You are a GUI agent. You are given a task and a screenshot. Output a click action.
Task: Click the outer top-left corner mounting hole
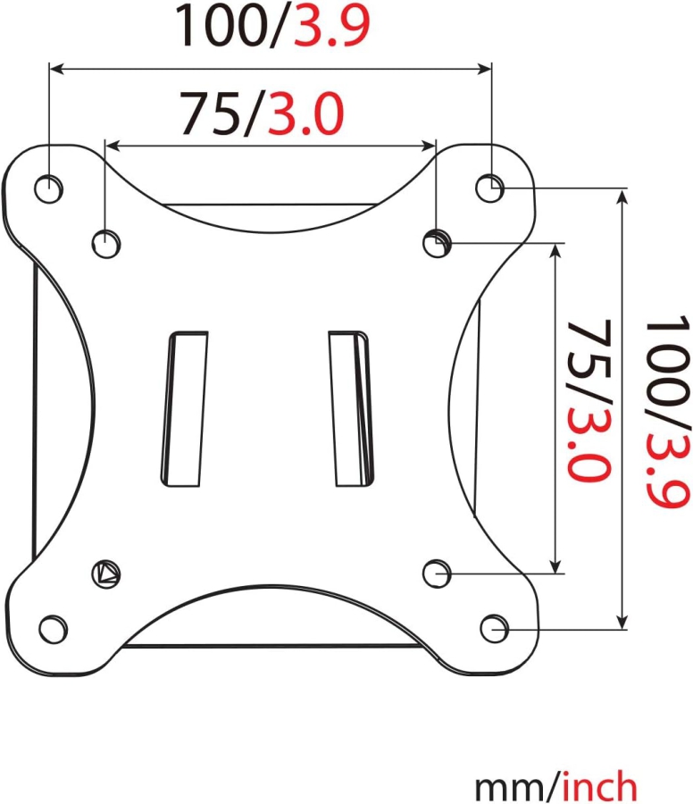(x=49, y=188)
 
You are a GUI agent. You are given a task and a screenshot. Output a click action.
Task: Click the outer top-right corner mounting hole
(x=488, y=188)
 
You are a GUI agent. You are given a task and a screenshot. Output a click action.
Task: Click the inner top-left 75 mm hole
(x=105, y=241)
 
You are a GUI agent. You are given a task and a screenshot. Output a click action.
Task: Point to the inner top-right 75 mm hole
(x=436, y=241)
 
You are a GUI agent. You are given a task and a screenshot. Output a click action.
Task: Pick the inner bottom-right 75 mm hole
(x=436, y=572)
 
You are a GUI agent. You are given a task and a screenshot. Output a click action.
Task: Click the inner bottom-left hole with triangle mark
(x=107, y=573)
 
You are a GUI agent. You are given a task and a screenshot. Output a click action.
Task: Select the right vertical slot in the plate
(x=350, y=409)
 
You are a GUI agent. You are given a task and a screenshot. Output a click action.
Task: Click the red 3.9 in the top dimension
(x=320, y=27)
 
